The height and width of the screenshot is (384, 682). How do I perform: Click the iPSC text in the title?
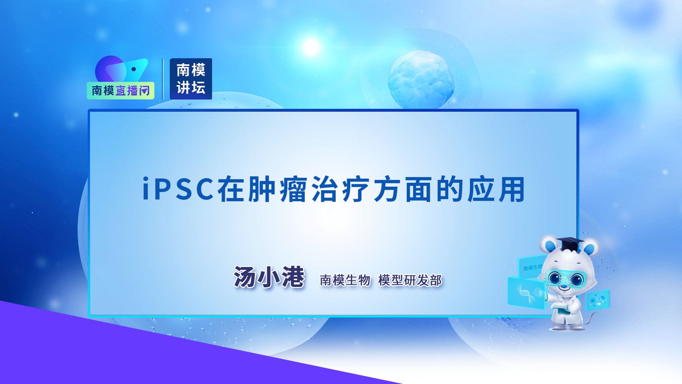pos(178,189)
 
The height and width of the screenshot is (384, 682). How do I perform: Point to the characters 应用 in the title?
pos(496,189)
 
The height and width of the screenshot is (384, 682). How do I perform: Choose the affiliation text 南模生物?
pos(345,280)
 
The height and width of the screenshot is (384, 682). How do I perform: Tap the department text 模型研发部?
pos(410,280)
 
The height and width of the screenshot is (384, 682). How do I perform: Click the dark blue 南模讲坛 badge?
pos(191,79)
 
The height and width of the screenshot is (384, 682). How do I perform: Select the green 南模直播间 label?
pos(120,91)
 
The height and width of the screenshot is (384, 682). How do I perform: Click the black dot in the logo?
pos(134,69)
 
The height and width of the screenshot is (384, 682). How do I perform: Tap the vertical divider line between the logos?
pos(163,79)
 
